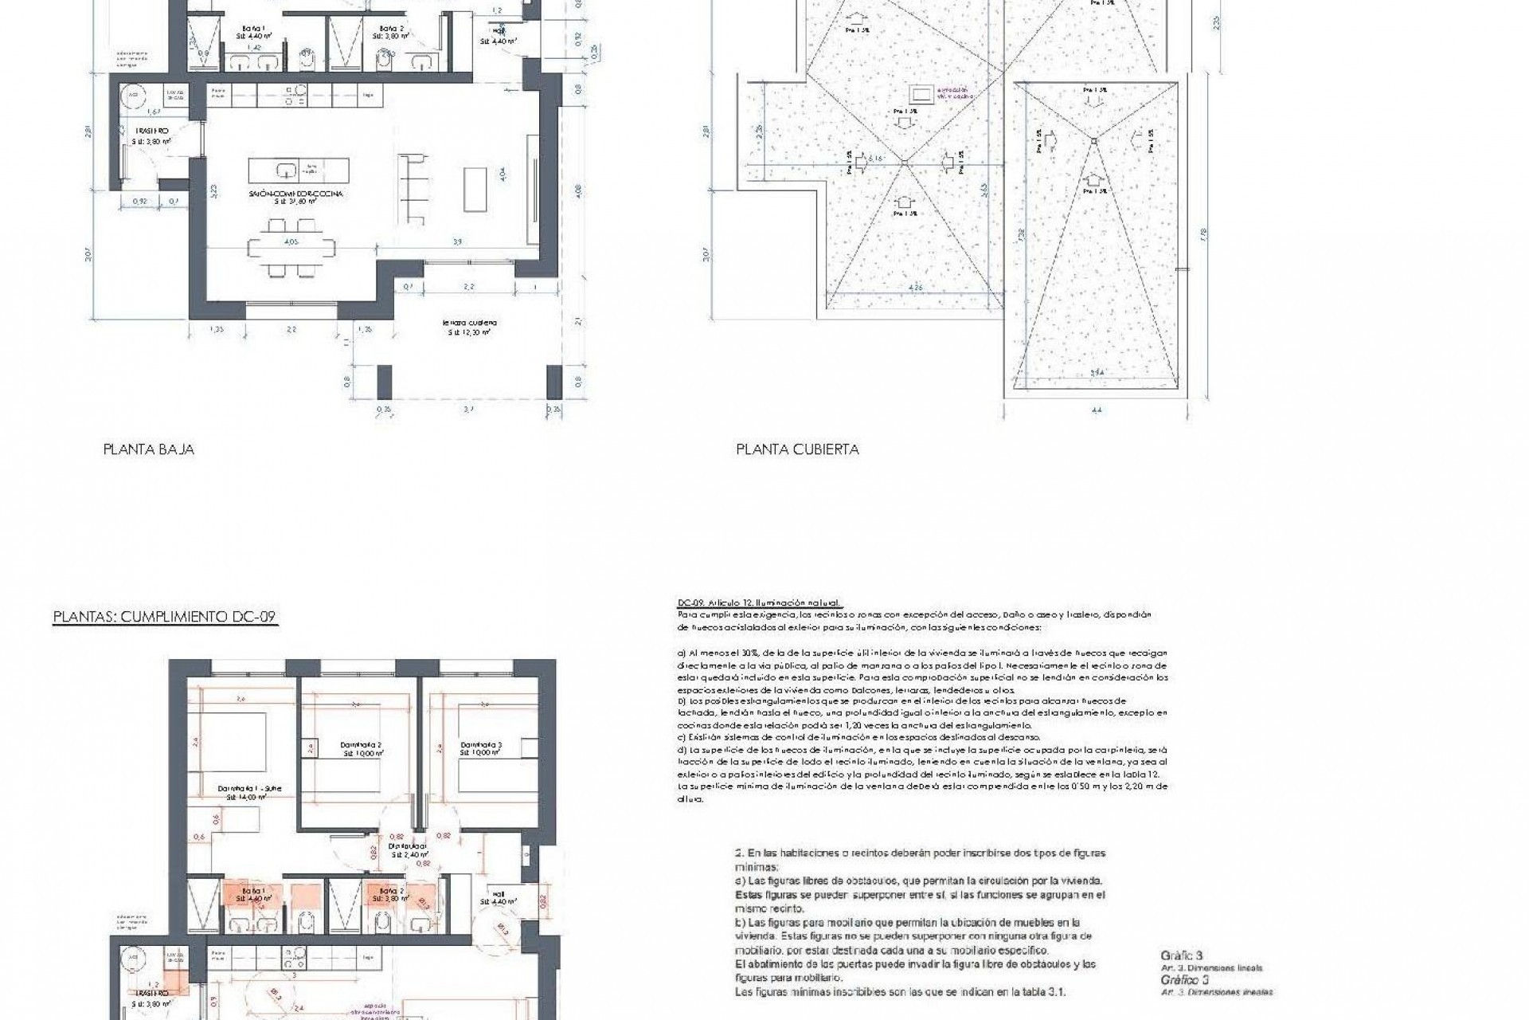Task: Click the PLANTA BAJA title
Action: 148,449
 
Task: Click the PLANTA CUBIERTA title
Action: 797,449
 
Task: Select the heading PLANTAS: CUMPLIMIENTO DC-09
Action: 165,618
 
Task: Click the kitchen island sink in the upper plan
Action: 286,170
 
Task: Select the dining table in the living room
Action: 288,249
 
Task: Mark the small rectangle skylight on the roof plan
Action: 923,91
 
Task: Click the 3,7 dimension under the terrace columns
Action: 467,410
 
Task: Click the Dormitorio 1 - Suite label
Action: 249,790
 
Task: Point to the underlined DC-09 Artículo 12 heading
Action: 759,603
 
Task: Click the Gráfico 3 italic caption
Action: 1182,979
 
